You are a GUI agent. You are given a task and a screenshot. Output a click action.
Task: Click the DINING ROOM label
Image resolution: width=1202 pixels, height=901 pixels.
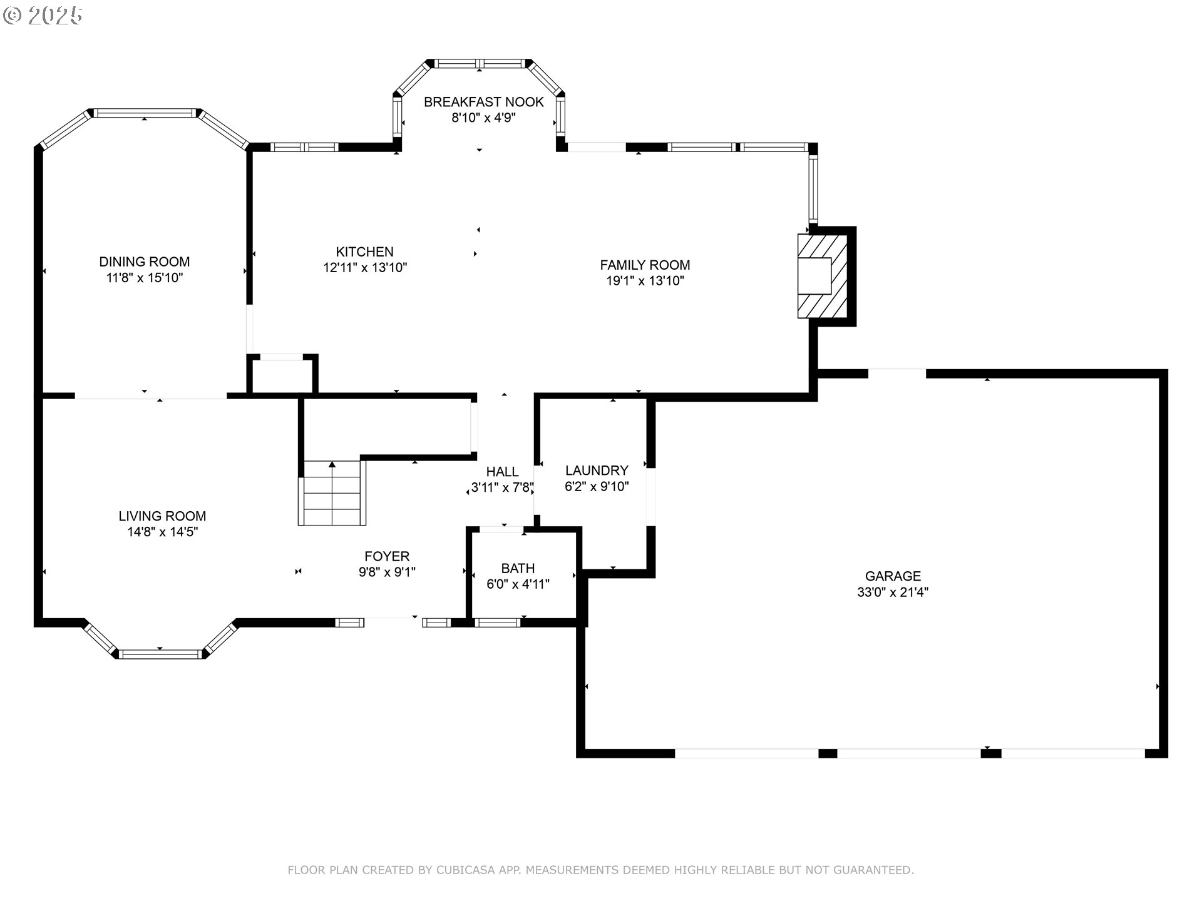point(145,262)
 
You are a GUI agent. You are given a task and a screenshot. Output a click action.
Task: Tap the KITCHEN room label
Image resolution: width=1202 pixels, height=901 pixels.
point(364,252)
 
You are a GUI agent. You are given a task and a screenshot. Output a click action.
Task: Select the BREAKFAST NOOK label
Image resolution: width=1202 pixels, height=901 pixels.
point(484,102)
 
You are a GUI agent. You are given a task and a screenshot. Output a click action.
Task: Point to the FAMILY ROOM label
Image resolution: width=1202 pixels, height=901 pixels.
point(645,265)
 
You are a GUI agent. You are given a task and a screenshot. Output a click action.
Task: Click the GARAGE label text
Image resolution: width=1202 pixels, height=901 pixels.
point(893,576)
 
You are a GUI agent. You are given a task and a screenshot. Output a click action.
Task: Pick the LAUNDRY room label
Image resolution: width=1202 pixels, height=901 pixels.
point(597,471)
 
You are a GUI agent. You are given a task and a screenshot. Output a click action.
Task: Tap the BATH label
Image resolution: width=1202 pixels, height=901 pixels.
point(518,568)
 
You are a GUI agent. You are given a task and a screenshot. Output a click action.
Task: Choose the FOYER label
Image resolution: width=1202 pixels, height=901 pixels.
point(387,556)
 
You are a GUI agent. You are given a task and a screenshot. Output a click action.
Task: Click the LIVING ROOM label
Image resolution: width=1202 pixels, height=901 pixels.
point(162,516)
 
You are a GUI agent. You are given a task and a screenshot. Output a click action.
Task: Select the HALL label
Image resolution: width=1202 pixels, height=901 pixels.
point(502,472)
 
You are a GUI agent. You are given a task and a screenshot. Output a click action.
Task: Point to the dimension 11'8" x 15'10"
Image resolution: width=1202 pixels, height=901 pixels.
point(145,278)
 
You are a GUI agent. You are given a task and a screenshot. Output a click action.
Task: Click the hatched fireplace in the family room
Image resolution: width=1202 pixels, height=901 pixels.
point(823,276)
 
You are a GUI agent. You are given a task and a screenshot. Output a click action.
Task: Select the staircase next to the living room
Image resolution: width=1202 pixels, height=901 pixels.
point(332,493)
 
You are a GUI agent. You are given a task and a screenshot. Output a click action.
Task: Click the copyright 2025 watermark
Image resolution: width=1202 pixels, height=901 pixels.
point(43,16)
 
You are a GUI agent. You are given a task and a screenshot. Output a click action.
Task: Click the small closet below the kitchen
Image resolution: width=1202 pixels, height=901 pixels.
point(282,375)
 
